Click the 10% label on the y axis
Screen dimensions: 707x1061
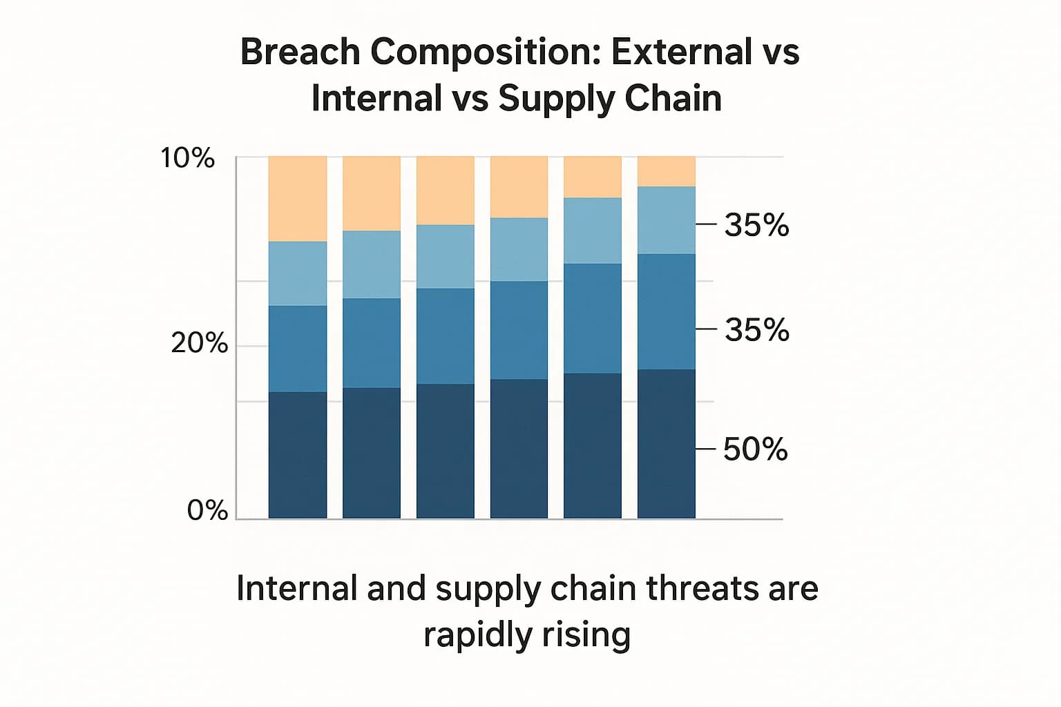point(188,158)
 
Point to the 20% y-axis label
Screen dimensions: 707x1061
point(199,342)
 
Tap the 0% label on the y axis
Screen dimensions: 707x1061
point(207,510)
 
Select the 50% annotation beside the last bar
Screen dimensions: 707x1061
point(755,449)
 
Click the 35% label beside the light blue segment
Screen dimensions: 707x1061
point(756,225)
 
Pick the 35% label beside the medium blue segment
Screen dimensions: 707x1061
point(756,330)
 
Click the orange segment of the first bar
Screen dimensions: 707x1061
point(298,199)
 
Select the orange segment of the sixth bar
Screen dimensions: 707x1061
point(666,171)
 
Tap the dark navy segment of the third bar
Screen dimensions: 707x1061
point(445,451)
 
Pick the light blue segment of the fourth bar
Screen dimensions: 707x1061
point(519,249)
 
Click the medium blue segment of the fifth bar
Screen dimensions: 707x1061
point(593,318)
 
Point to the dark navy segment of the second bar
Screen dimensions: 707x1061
point(372,453)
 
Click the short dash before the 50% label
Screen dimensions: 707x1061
point(705,449)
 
